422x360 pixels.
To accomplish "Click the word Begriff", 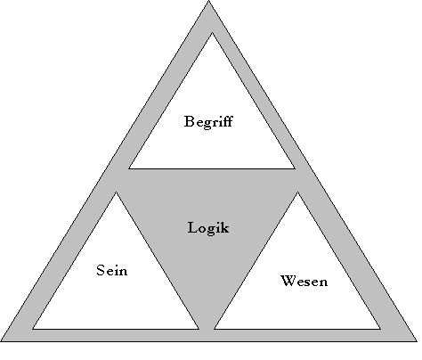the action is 208,122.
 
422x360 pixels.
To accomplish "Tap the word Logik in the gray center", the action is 208,228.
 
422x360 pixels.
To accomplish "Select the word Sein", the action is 112,270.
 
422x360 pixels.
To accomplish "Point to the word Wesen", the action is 304,281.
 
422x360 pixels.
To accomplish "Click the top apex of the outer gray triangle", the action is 208,1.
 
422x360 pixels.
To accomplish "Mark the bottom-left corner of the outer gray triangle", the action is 1,341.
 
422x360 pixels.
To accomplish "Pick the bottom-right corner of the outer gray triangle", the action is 417,341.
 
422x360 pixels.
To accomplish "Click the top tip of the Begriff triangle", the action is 212,32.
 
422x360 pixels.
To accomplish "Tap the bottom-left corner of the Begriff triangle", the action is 129,168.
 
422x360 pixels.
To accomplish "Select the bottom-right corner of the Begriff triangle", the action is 295,168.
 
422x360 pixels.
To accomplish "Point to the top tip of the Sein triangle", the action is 116,192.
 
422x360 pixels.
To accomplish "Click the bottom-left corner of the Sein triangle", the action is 33,329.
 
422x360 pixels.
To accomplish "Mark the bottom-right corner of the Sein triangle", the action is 199,329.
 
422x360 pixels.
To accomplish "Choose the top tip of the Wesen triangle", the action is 297,192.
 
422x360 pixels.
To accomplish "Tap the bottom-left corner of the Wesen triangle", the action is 215,329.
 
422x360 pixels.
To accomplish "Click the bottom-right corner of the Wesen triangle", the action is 380,329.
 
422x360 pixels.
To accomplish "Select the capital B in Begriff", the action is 189,121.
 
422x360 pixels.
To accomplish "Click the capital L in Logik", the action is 193,227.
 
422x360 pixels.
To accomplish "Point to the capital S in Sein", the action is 101,270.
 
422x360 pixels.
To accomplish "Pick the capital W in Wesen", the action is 288,281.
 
